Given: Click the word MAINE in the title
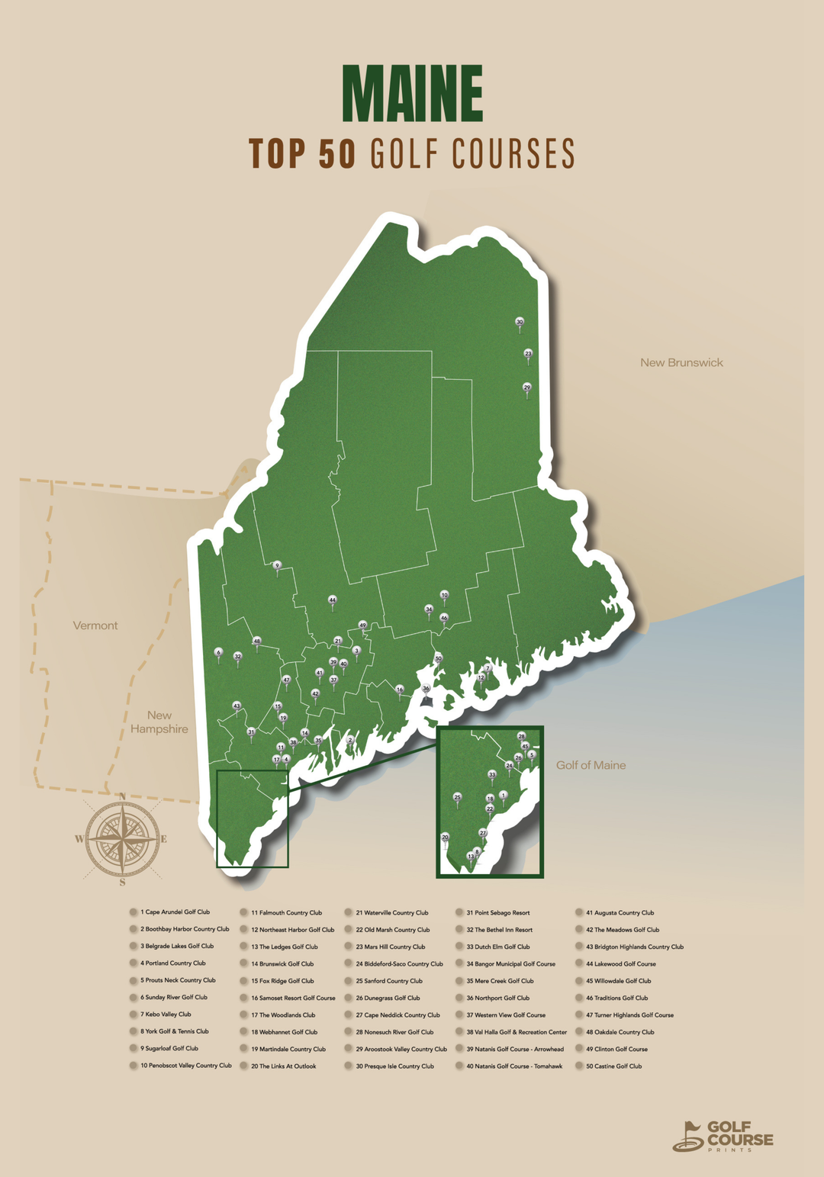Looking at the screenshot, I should pos(412,94).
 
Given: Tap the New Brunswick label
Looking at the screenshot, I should pos(681,363).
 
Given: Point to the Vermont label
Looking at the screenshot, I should pos(95,625).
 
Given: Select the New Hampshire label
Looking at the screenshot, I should pos(159,722).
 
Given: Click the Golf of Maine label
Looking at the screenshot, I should pos(591,765).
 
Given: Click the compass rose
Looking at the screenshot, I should pos(122,839).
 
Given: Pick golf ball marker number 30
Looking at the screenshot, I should pos(520,323).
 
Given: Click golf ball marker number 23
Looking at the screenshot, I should pos(528,354).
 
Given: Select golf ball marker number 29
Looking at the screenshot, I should pos(526,388).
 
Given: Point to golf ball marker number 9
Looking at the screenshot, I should pos(277,566).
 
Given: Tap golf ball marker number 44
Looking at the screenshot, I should pos(332,600).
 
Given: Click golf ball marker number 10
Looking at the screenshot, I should pos(444,595).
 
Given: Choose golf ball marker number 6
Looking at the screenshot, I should pos(218,653).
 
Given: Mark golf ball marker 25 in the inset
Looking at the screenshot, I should pos(457,798).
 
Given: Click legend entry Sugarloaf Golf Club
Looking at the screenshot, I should pos(169,1049).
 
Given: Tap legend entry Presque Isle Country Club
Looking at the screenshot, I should pos(394,1066).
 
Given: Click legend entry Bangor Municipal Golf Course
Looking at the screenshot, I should pos(510,964).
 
